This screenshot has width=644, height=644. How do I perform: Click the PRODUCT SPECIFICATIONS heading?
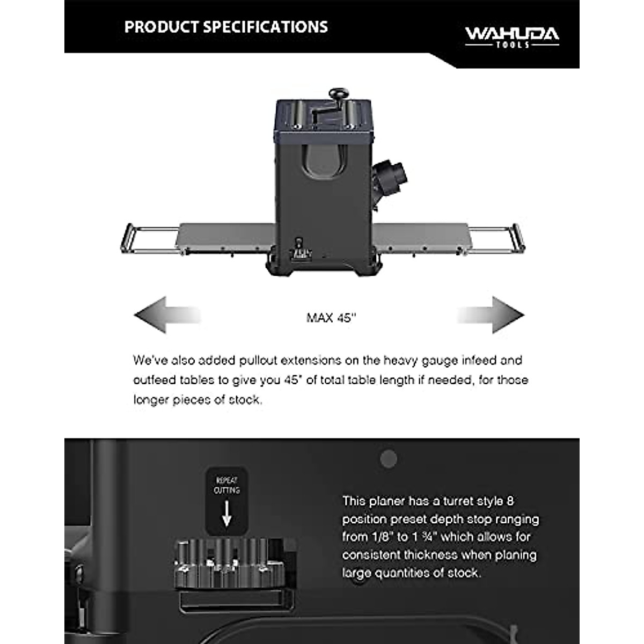(226, 27)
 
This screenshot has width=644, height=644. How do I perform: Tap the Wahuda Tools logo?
(511, 36)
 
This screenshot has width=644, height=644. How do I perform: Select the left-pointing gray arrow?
(166, 315)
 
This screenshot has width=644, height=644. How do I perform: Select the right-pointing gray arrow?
(491, 315)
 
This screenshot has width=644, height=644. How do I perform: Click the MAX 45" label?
(331, 318)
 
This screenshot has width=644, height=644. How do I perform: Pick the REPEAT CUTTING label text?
(226, 485)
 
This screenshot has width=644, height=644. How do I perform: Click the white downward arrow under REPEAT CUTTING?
(226, 515)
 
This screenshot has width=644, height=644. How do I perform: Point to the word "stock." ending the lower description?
(464, 573)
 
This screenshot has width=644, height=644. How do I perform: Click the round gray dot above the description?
(389, 458)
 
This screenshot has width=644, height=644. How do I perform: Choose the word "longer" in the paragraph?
(151, 400)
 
